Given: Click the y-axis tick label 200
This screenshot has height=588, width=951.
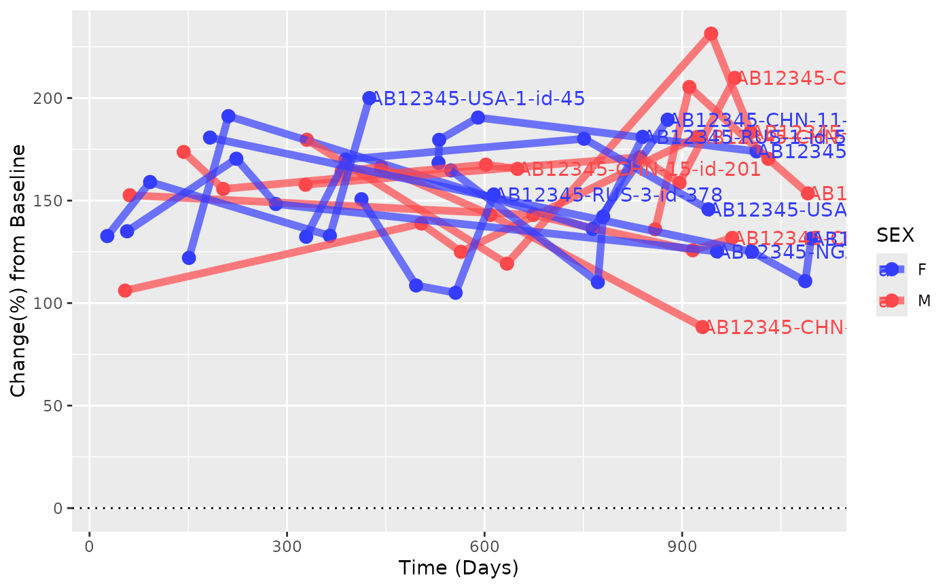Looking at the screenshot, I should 52,98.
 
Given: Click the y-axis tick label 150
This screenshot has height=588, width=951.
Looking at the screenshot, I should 52,201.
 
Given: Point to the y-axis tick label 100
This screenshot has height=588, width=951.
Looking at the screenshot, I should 52,304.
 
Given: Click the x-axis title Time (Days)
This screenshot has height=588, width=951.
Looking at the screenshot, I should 459,568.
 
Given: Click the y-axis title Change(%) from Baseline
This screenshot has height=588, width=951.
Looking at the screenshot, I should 19,270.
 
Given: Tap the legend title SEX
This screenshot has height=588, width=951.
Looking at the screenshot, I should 895,235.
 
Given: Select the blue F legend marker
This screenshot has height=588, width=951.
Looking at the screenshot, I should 892,270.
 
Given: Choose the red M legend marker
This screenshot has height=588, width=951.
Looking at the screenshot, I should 892,301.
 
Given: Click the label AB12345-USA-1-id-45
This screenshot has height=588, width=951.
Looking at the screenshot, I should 478,99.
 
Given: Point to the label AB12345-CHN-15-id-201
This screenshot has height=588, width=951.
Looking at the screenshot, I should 640,170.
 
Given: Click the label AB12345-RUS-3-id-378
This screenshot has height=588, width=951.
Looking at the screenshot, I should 608,196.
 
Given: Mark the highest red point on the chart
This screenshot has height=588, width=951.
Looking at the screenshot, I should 711,34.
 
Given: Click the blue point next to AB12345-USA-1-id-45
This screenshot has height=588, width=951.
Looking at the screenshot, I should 369,98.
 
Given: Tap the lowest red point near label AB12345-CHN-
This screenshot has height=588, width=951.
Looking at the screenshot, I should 702,327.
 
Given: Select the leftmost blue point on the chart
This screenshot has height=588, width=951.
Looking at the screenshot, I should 107,236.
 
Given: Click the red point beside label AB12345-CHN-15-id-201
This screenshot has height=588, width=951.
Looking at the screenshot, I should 518,169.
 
